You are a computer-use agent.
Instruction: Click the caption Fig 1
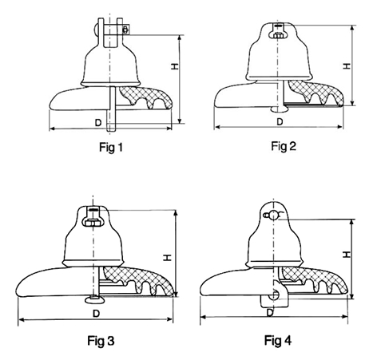[x=111, y=147]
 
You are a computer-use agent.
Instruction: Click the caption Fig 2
[x=284, y=146]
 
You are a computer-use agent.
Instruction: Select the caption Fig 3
[x=101, y=340]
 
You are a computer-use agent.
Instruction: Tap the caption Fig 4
[x=278, y=340]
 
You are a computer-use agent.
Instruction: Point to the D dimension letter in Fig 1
[x=98, y=123]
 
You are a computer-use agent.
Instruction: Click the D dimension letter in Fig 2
[x=280, y=121]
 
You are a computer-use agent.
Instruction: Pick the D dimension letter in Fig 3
[x=96, y=314]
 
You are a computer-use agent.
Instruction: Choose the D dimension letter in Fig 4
[x=270, y=313]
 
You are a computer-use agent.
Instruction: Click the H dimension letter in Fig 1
[x=175, y=66]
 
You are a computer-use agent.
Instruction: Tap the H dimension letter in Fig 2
[x=347, y=65]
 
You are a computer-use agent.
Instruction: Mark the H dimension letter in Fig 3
[x=168, y=257]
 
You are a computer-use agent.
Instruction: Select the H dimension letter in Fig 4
[x=346, y=255]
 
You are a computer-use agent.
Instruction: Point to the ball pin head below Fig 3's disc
[x=95, y=300]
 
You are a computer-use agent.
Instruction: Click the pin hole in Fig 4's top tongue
[x=273, y=215]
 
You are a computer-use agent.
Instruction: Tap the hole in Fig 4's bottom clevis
[x=274, y=295]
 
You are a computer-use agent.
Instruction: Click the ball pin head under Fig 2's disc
[x=280, y=109]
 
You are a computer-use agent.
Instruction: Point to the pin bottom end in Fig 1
[x=111, y=130]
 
